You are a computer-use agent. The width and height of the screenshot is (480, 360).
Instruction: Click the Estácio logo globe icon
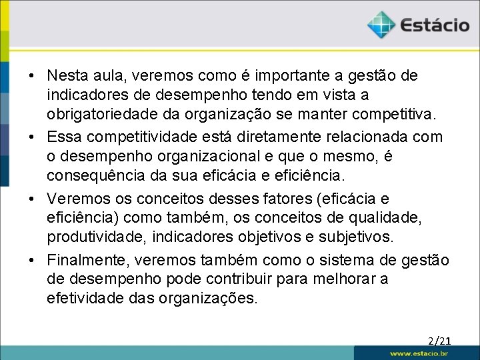(381, 25)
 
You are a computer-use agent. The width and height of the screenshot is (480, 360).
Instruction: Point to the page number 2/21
(439, 341)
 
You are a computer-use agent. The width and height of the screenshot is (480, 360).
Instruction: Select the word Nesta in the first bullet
(66, 76)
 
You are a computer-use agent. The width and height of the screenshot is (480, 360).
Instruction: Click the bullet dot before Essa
(31, 137)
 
